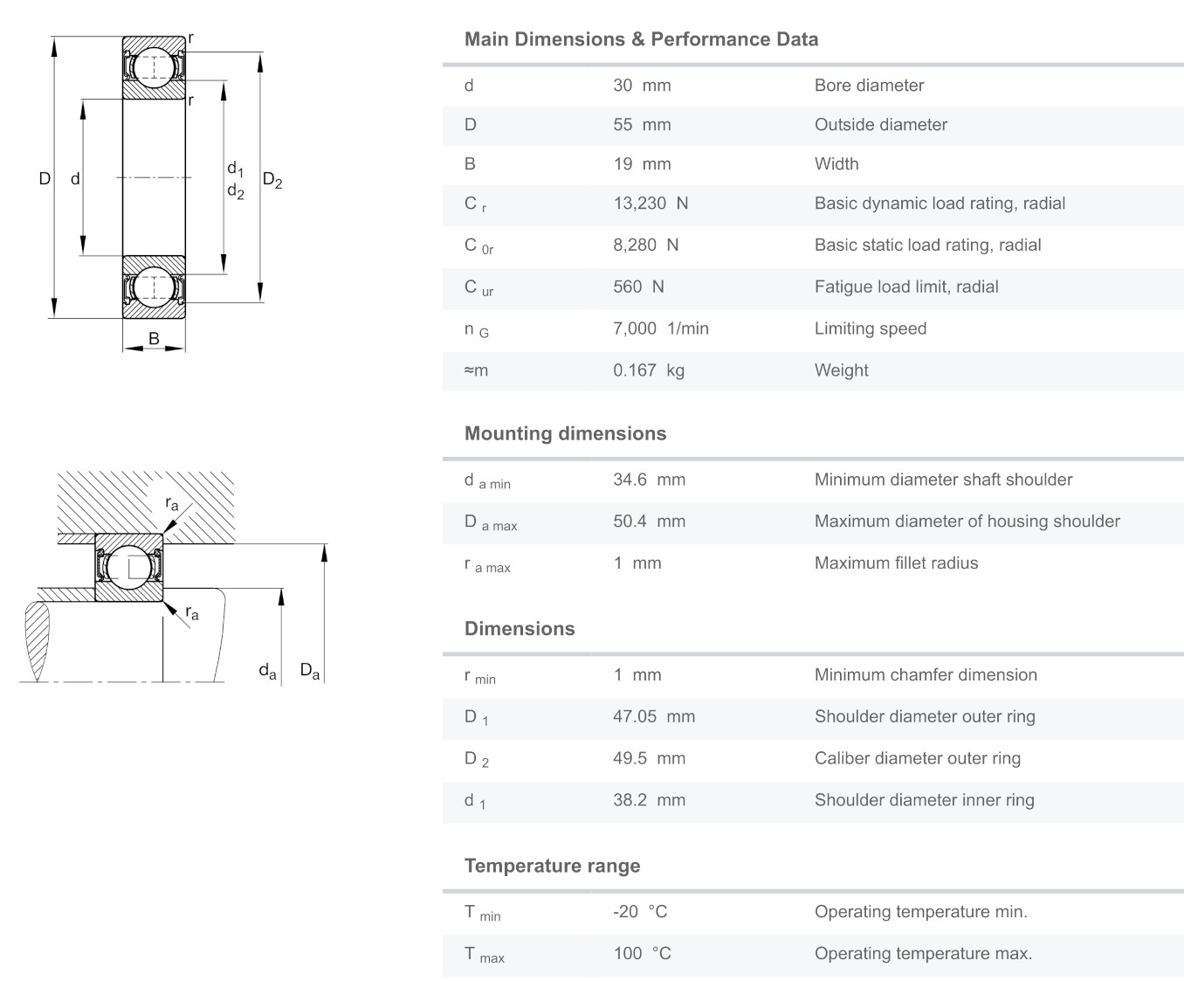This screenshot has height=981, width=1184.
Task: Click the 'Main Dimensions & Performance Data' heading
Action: [641, 39]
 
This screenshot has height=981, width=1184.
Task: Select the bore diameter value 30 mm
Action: [642, 86]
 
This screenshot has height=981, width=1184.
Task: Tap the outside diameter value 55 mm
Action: [642, 125]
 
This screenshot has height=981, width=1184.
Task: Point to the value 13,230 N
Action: [651, 204]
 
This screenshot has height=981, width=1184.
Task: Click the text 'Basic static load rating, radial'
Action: [927, 245]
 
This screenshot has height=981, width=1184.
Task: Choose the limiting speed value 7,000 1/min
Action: [660, 329]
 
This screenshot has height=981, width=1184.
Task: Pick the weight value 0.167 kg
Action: [648, 370]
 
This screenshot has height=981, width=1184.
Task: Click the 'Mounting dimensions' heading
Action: [565, 434]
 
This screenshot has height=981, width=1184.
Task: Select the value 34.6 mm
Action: [649, 480]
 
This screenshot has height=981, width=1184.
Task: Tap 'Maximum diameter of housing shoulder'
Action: [967, 522]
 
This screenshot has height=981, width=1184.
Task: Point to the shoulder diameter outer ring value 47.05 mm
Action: [654, 717]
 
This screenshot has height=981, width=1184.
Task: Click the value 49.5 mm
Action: [649, 759]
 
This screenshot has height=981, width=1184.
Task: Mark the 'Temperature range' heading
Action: [552, 867]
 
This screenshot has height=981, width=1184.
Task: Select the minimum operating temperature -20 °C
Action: [640, 912]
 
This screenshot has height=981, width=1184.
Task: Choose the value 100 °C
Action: [642, 954]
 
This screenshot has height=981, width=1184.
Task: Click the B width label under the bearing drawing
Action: [154, 338]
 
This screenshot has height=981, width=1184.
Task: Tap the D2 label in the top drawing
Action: [272, 182]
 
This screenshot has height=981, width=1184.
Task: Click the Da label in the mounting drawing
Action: [310, 672]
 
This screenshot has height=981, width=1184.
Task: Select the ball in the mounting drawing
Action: [128, 567]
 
